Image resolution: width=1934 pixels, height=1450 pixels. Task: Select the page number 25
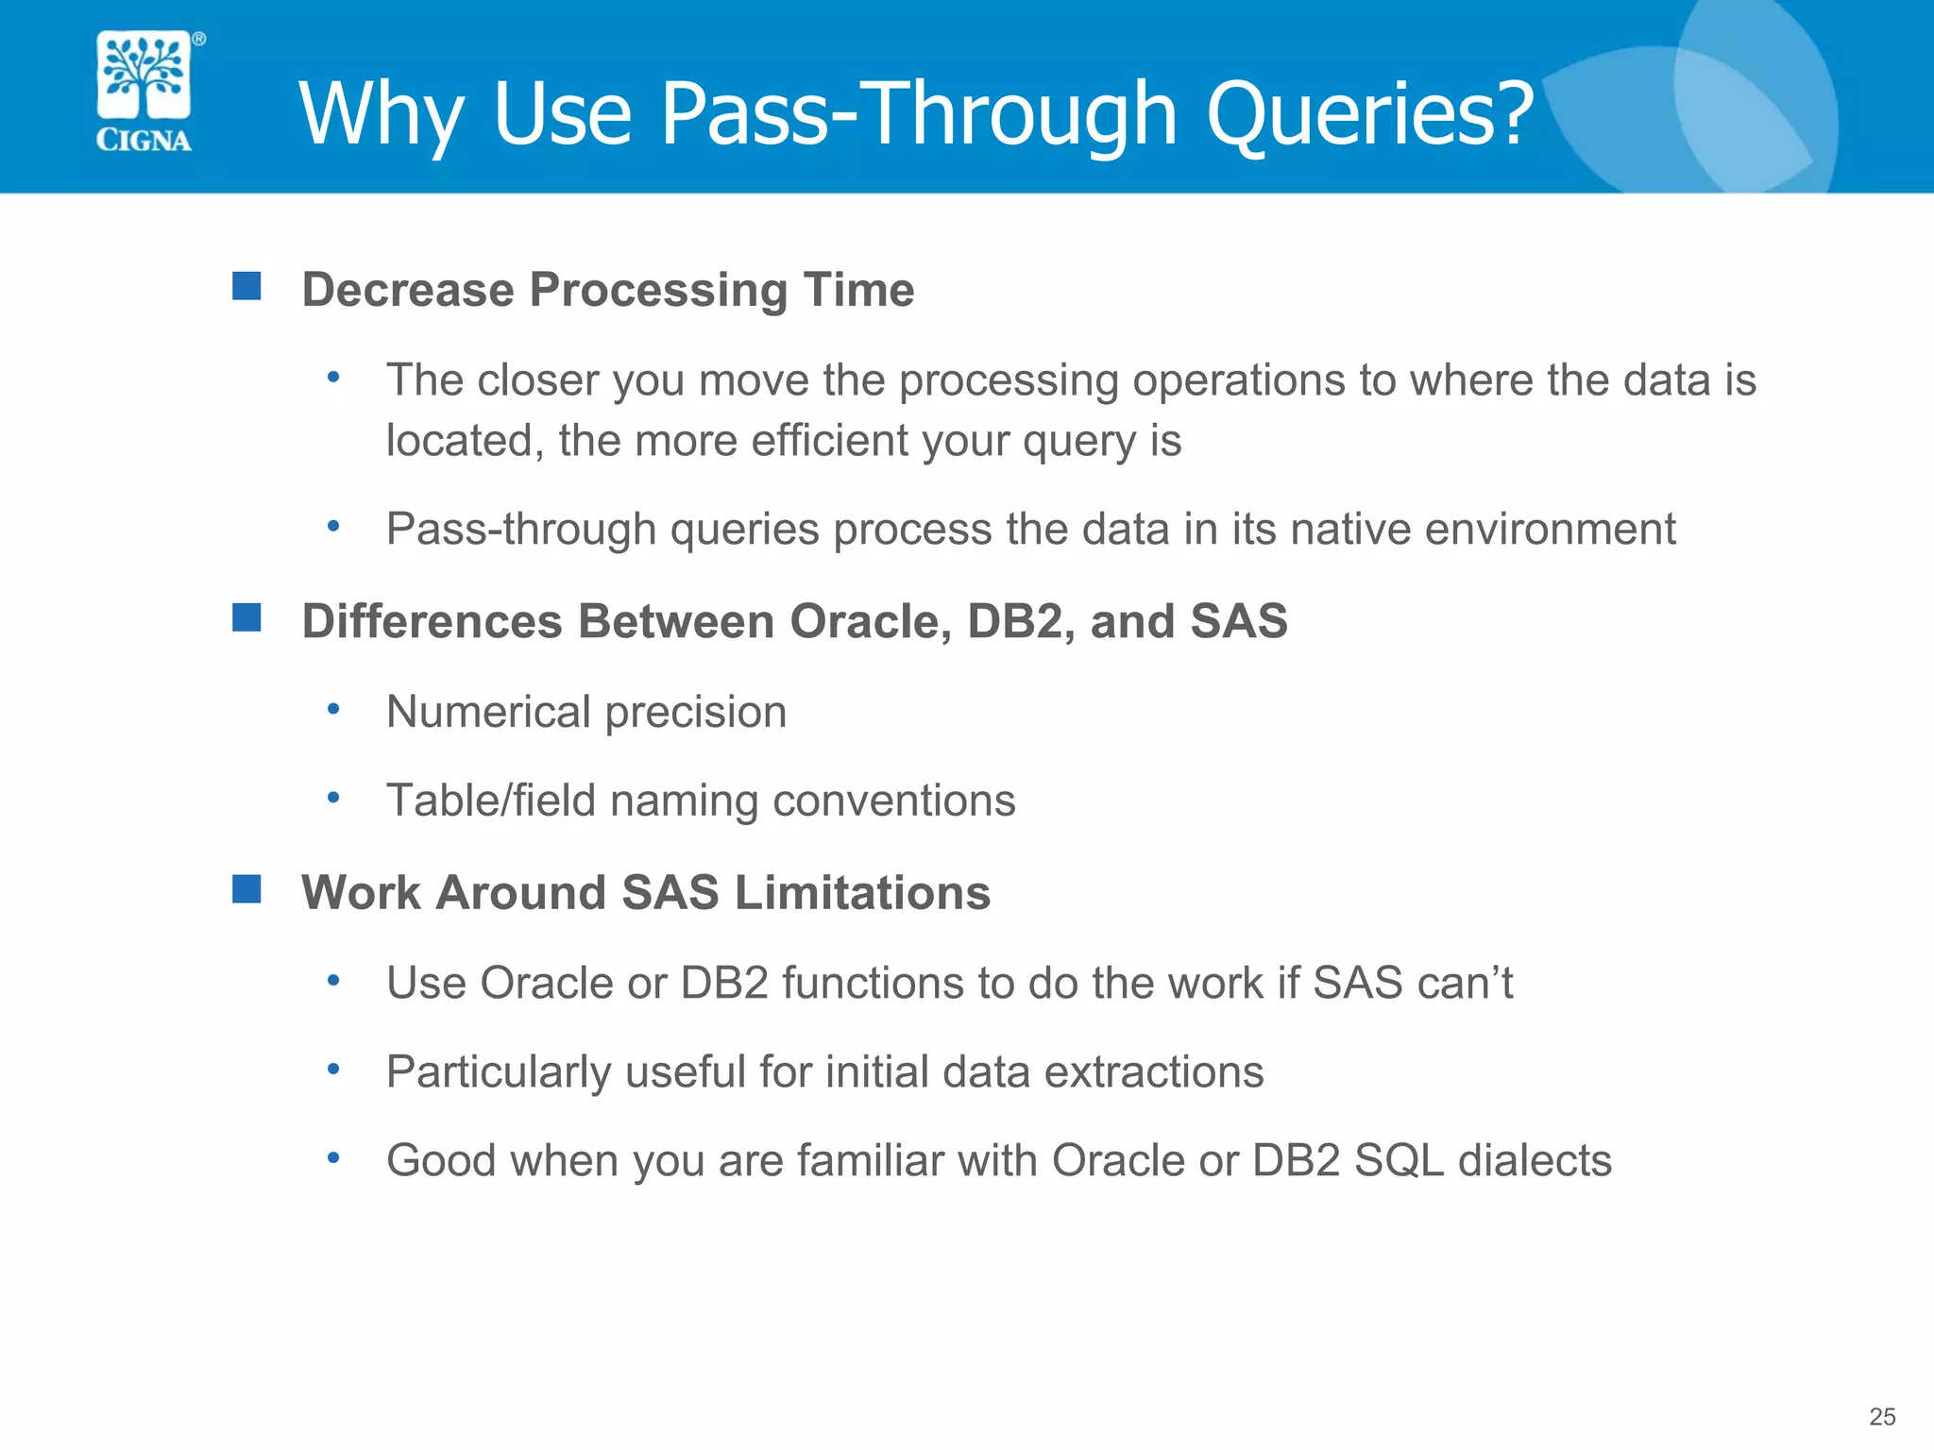[x=1882, y=1416]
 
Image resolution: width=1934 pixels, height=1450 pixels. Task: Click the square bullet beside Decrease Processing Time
[x=246, y=286]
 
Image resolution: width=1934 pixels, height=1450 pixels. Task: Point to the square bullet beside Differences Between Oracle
[x=246, y=618]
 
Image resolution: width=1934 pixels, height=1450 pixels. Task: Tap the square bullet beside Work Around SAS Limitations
[x=246, y=889]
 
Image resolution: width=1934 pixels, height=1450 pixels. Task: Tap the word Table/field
[x=491, y=801]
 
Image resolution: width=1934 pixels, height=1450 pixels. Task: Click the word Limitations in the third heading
[x=862, y=893]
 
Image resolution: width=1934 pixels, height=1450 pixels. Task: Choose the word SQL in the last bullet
[x=1399, y=1160]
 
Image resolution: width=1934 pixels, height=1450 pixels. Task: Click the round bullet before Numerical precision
[x=333, y=708]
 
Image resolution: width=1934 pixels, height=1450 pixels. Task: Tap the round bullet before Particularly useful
[x=333, y=1069]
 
